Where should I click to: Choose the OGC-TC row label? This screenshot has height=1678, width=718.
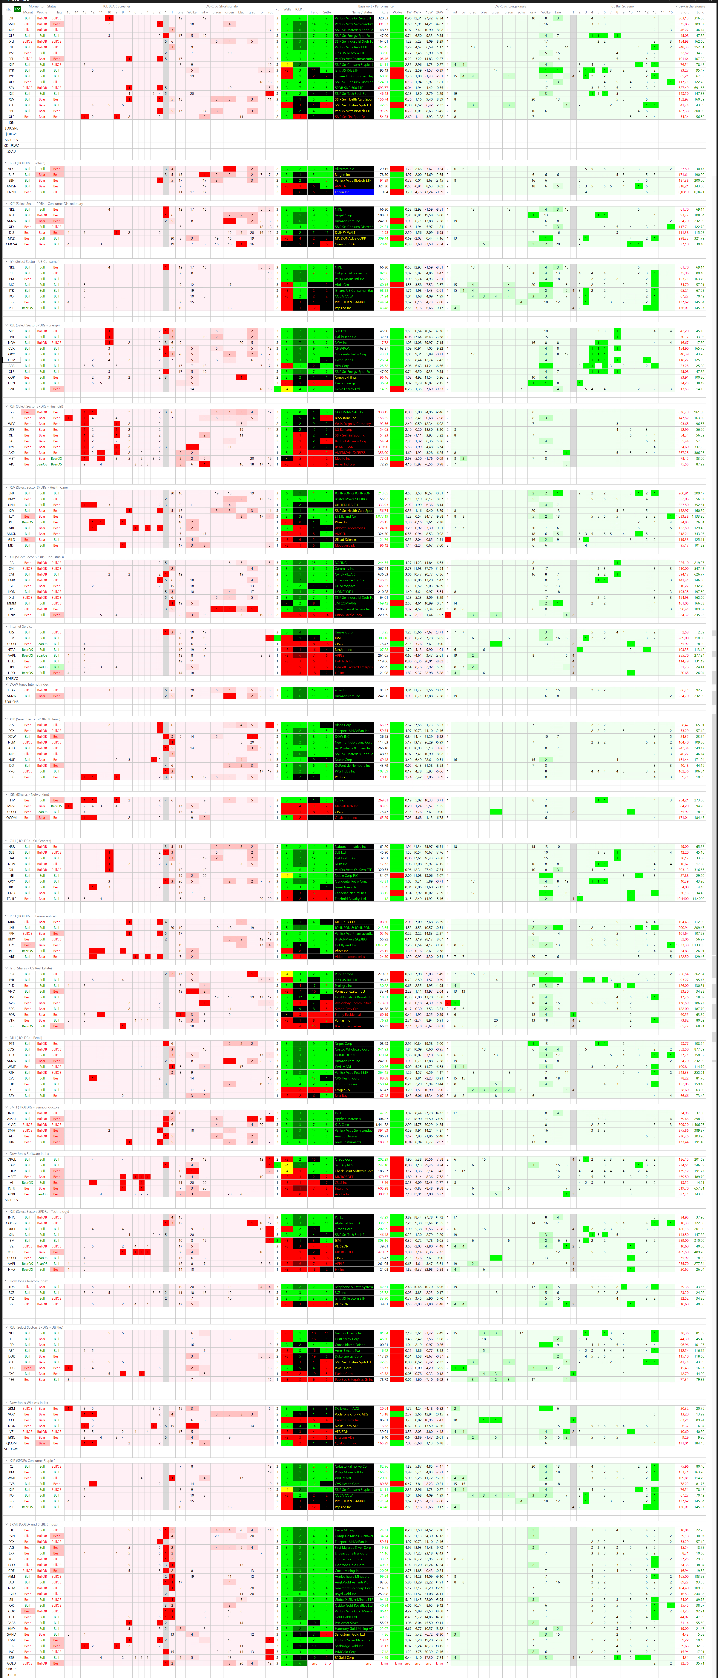[11, 1675]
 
